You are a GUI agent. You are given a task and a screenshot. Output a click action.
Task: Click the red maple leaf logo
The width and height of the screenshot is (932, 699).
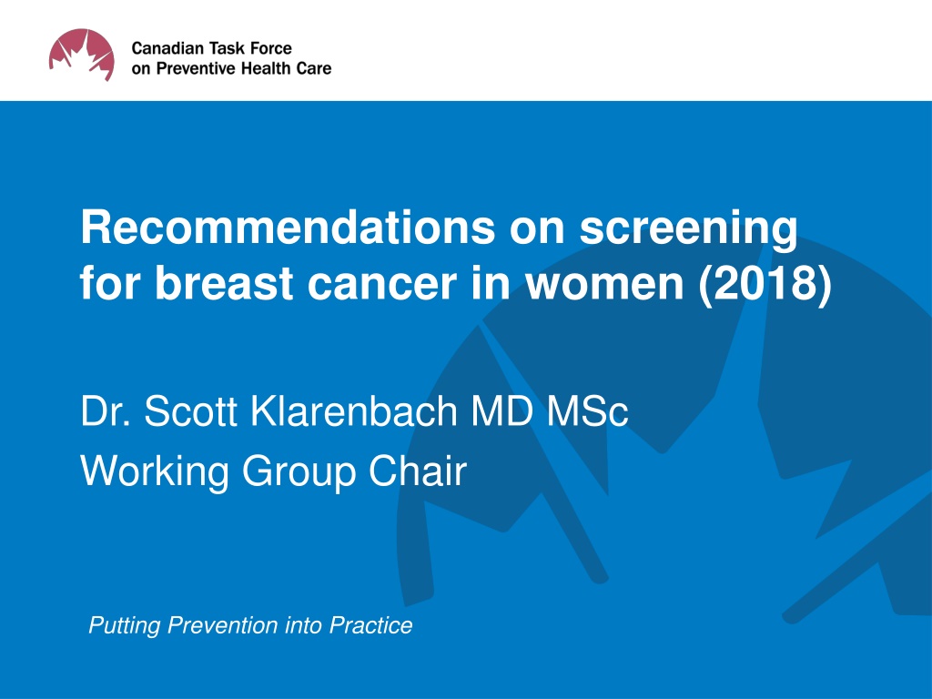click(81, 55)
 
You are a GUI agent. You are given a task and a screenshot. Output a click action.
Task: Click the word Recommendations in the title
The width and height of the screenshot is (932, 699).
click(288, 227)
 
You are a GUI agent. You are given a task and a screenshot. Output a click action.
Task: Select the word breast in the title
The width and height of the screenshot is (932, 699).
click(226, 282)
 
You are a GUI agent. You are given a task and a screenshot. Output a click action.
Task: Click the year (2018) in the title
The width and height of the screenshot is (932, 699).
click(765, 284)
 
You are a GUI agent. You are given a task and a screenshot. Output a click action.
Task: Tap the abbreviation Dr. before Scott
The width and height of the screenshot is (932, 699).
click(106, 410)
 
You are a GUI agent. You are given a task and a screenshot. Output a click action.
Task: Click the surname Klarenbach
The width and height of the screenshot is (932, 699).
click(354, 410)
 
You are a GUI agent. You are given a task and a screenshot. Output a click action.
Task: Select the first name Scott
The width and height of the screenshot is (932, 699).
click(191, 410)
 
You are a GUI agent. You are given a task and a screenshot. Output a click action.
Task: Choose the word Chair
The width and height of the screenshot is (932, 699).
click(417, 471)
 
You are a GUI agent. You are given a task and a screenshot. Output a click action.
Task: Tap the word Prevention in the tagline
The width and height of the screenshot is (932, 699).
click(223, 625)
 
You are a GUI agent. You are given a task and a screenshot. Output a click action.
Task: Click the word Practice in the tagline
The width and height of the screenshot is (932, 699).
click(371, 625)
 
